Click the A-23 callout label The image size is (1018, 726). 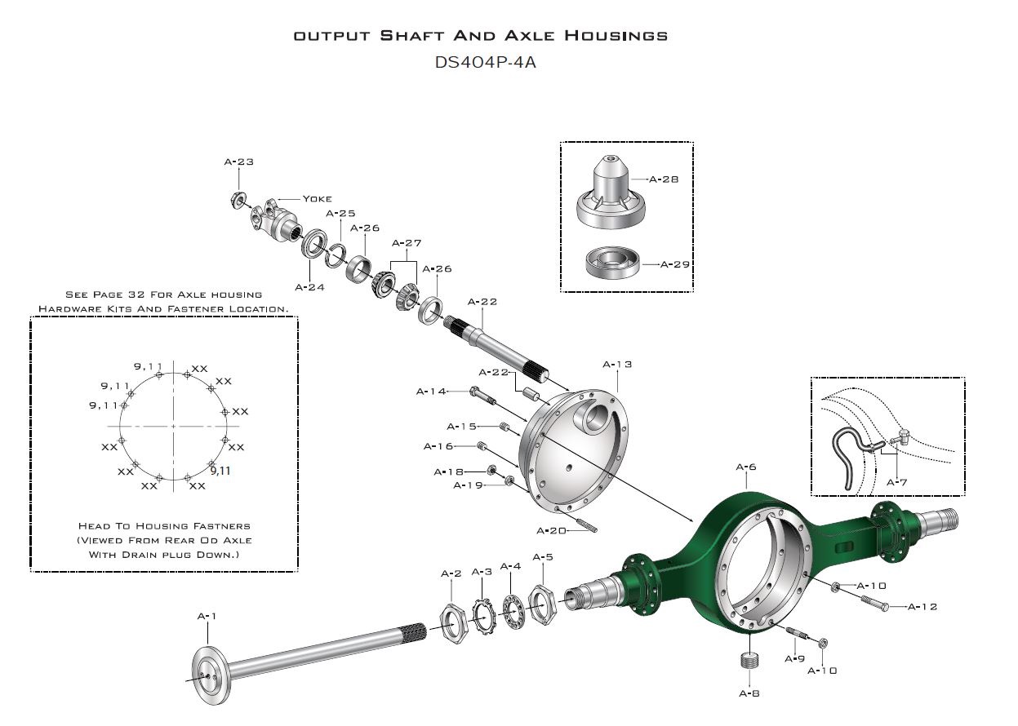tap(238, 162)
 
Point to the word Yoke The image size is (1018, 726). tap(317, 198)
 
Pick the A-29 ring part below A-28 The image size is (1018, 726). tap(611, 264)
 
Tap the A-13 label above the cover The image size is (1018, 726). tap(616, 364)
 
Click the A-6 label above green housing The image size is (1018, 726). tap(745, 467)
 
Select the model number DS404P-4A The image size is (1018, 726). tap(486, 62)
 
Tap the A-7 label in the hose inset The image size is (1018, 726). tap(896, 482)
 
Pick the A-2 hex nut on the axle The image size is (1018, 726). tap(451, 620)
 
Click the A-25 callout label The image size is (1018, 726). tap(340, 213)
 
